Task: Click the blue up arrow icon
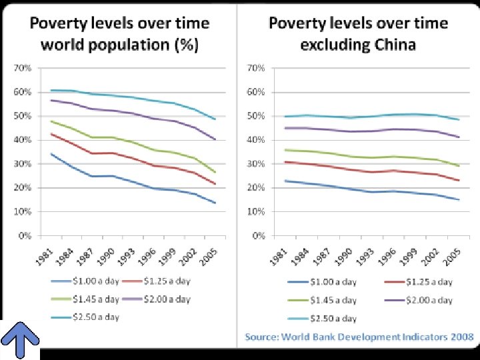pos(21,339)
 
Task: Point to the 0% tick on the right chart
pos(257,235)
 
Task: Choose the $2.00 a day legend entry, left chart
pos(166,299)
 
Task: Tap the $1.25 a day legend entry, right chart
pos(427,282)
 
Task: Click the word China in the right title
pos(394,45)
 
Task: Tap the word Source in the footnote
pos(261,337)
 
